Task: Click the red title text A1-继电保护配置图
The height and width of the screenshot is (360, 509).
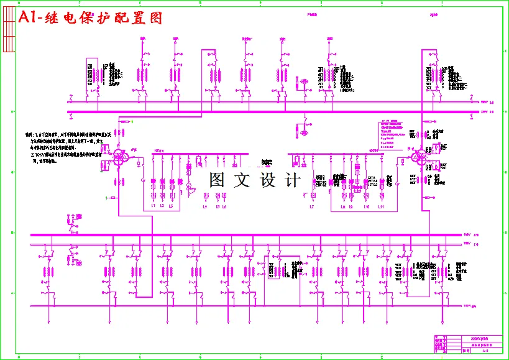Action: (91, 19)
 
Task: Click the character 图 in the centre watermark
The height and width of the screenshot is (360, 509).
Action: (218, 180)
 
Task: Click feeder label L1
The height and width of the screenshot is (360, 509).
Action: (154, 206)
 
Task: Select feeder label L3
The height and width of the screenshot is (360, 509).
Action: (171, 206)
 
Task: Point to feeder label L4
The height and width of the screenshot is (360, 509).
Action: (205, 206)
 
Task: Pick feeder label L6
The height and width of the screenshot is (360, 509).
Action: (224, 206)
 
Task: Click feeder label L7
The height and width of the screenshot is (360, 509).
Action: (312, 206)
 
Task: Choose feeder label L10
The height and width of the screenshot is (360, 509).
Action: (367, 206)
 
